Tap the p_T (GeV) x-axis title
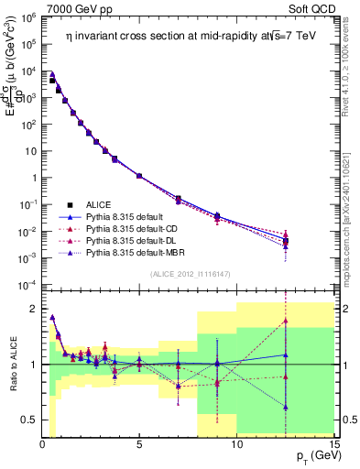click(308, 455)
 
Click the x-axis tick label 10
click(236, 444)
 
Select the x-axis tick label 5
click(139, 444)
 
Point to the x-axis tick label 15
click(333, 444)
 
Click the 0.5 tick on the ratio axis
click(30, 420)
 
